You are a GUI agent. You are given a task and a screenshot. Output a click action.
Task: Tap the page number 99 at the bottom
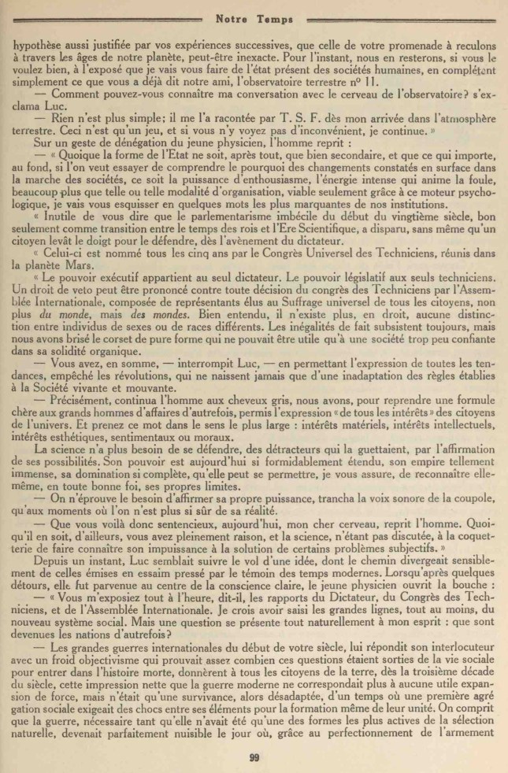254,757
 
